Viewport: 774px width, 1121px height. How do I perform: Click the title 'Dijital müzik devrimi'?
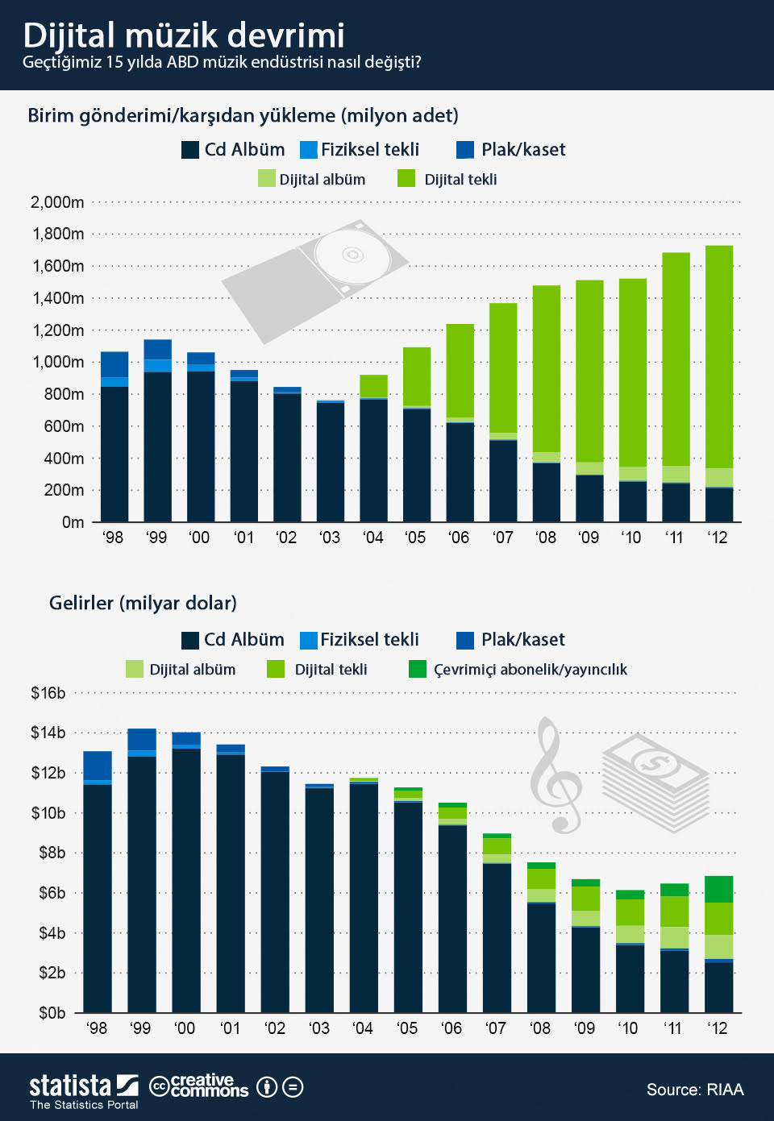(184, 35)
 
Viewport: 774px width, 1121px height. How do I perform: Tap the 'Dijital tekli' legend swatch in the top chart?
(406, 179)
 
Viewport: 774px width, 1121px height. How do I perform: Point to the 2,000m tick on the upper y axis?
(57, 202)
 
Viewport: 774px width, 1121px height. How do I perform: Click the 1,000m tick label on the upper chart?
(58, 362)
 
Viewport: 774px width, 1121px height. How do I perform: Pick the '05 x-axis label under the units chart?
(415, 538)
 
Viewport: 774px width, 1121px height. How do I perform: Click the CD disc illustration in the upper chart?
(352, 255)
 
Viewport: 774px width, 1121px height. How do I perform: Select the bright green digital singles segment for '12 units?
(719, 355)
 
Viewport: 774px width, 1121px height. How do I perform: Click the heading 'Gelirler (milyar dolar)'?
(143, 603)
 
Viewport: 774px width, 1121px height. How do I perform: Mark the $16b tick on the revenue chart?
(48, 693)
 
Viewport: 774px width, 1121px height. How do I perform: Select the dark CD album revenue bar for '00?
(186, 878)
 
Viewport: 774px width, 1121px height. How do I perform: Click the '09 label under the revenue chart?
(585, 1028)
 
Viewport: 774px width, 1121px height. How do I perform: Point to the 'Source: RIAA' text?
(695, 1090)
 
